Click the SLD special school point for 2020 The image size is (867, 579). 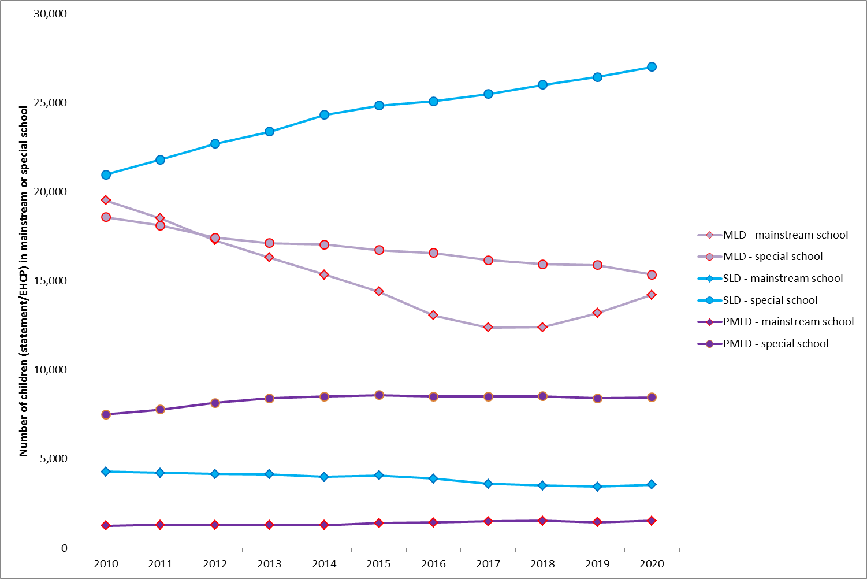pyautogui.click(x=652, y=67)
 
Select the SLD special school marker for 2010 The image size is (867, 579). pyautogui.click(x=106, y=175)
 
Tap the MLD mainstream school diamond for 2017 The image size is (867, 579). pyautogui.click(x=488, y=328)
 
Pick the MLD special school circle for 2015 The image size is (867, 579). pyautogui.click(x=379, y=250)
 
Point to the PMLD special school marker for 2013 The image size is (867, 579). pyautogui.click(x=269, y=398)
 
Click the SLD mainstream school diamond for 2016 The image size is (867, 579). pyautogui.click(x=433, y=478)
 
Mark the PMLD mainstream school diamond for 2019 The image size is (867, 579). pyautogui.click(x=597, y=522)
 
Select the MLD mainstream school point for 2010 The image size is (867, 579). pyautogui.click(x=106, y=200)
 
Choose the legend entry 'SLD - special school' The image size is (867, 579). pyautogui.click(x=770, y=300)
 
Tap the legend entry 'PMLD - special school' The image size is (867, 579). pyautogui.click(x=776, y=344)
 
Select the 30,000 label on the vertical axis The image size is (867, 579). pyautogui.click(x=51, y=14)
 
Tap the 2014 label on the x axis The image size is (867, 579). pyautogui.click(x=324, y=564)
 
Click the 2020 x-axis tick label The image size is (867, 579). pyautogui.click(x=652, y=564)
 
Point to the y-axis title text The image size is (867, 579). pyautogui.click(x=24, y=281)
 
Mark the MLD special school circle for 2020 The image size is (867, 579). pyautogui.click(x=652, y=275)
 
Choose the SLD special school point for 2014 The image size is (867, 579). pyautogui.click(x=324, y=114)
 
